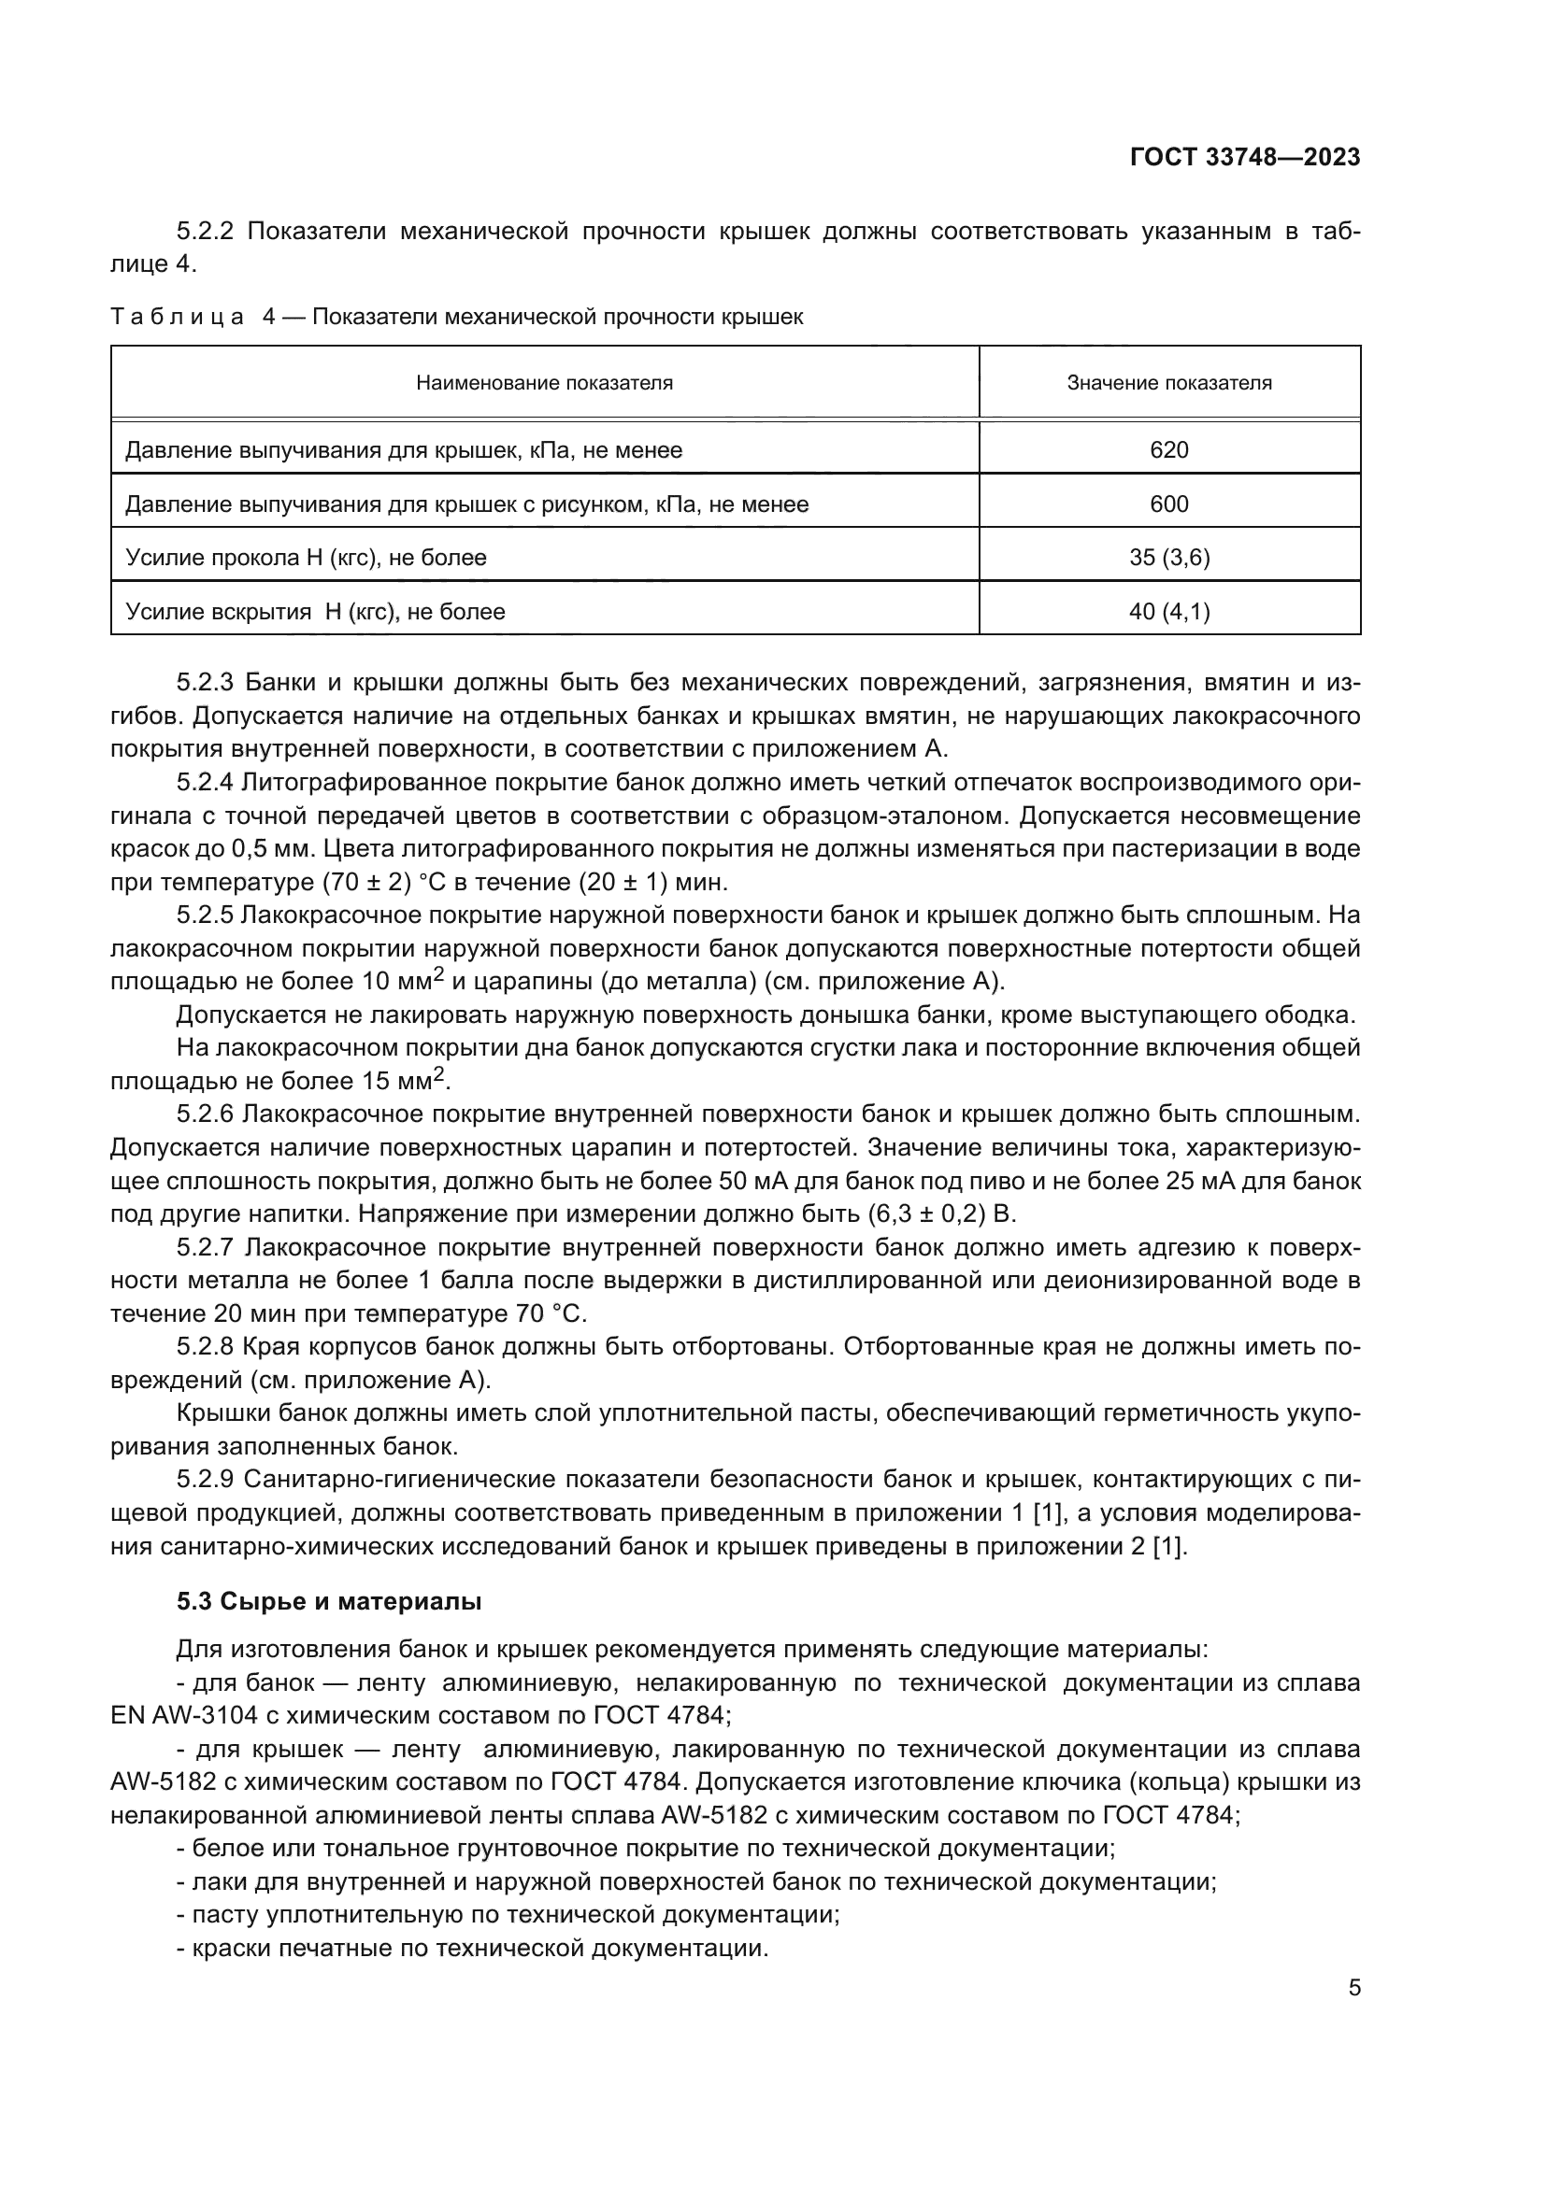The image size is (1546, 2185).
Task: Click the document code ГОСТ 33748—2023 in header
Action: (1245, 157)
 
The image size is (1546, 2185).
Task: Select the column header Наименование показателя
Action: (545, 383)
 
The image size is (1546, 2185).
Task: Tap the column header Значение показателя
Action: (1169, 383)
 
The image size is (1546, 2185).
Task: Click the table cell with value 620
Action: (1169, 450)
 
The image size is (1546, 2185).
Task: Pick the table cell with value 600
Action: (1169, 504)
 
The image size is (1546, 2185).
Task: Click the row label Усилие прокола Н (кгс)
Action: (306, 558)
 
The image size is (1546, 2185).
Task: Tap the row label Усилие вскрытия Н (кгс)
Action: (315, 612)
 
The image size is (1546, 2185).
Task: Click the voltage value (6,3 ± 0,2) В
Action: (942, 1214)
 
